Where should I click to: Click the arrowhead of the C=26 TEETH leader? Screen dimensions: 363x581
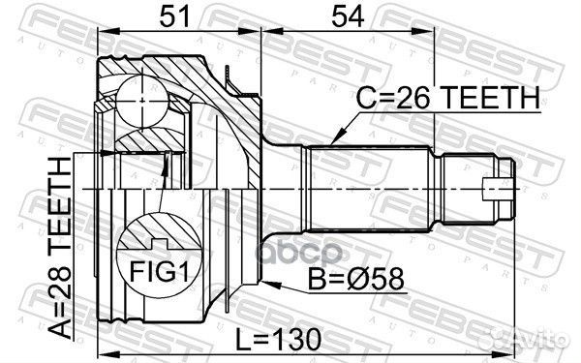tap(332, 143)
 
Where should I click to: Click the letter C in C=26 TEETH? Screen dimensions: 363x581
tap(363, 98)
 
